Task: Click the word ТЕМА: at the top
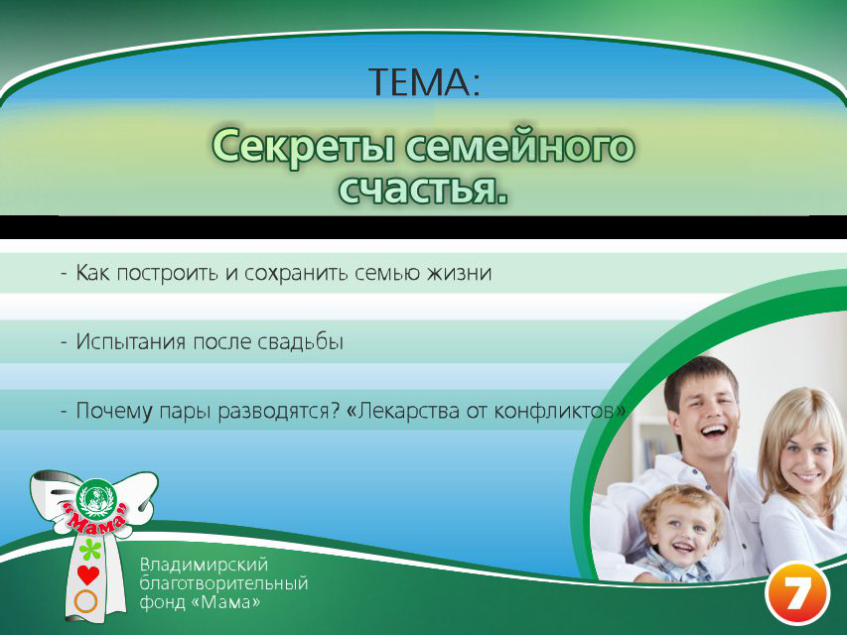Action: point(424,81)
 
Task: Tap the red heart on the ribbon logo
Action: point(88,574)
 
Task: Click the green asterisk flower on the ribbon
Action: point(90,549)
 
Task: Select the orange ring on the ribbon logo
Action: point(86,600)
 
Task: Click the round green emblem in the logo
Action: point(98,495)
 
